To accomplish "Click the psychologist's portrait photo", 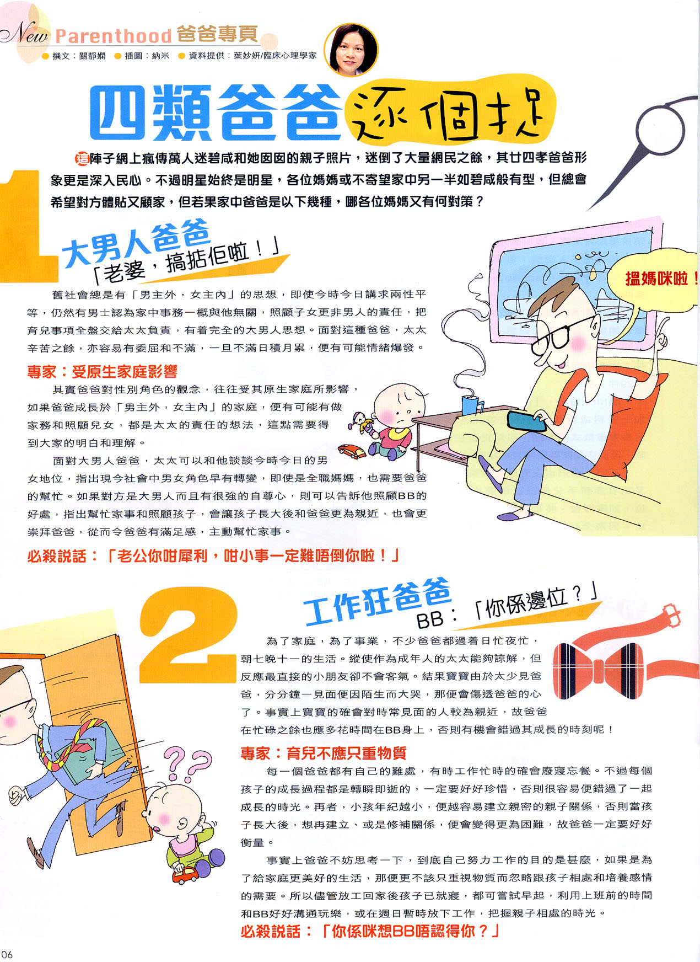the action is click(351, 50).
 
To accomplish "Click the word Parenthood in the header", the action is click(114, 36).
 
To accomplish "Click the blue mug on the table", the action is click(471, 404).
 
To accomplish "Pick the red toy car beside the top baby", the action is click(353, 451).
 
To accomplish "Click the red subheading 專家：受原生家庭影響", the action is click(103, 372).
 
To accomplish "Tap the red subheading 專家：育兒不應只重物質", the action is click(324, 753).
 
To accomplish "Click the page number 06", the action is click(7, 954).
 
